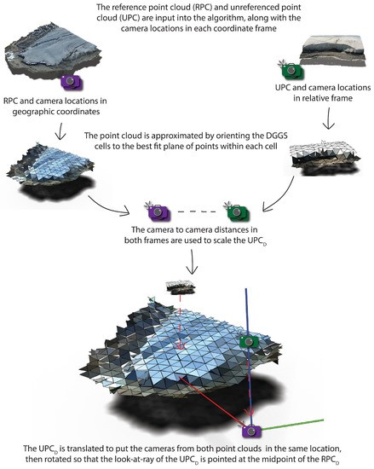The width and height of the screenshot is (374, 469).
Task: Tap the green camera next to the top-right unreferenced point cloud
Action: click(x=292, y=67)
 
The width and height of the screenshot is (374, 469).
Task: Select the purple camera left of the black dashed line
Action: click(x=158, y=210)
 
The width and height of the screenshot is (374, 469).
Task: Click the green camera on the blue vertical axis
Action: click(x=248, y=341)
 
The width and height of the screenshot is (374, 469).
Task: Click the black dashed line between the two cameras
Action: click(x=195, y=210)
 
